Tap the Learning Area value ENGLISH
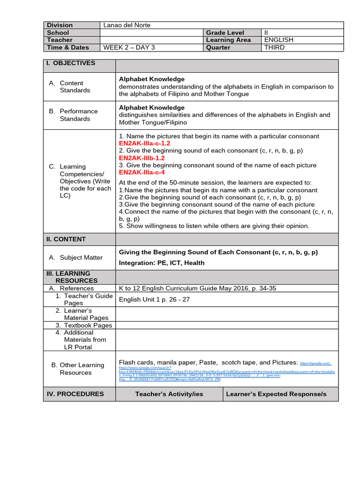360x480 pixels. [279, 40]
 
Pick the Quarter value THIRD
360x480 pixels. [274, 47]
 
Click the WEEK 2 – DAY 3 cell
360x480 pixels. [129, 47]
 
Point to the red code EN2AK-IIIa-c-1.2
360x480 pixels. [144, 143]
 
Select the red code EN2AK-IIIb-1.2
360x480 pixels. [142, 158]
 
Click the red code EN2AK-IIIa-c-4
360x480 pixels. [142, 172]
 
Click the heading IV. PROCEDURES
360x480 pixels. [75, 394]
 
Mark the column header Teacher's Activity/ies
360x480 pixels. [169, 394]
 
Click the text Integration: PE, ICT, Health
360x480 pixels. [162, 263]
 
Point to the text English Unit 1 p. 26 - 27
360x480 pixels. [154, 300]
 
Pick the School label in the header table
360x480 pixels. [58, 33]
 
